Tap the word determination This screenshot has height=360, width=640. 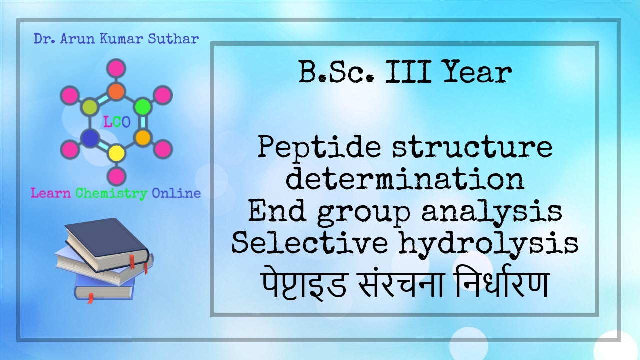point(405,180)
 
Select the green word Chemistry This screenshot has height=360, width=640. point(111,193)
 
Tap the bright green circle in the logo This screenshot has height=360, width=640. point(143,106)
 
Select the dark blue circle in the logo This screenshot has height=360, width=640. point(90,138)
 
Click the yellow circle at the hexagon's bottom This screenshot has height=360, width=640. point(116,152)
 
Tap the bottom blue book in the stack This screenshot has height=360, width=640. point(105,287)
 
